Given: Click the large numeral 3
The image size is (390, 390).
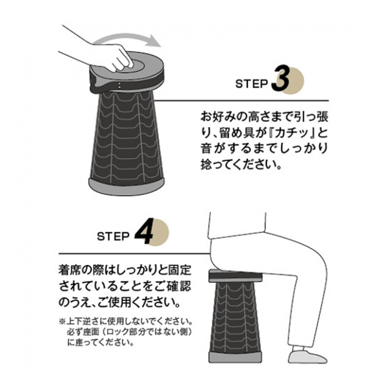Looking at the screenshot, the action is click(280, 79).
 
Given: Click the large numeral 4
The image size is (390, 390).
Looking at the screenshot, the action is click(144, 232).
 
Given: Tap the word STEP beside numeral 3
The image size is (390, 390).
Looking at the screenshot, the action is click(251, 84).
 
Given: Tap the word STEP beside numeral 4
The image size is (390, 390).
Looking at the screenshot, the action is click(113, 236).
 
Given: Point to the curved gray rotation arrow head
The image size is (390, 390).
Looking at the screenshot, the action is click(153, 41).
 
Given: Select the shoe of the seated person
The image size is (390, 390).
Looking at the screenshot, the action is click(307, 356).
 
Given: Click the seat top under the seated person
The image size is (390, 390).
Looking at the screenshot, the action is click(236, 276).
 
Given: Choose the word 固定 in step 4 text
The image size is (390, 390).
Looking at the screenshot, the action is click(180, 270).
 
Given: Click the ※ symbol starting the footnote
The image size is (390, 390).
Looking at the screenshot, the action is click(62, 321).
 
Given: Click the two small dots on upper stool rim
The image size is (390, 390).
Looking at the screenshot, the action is click(119, 85).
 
